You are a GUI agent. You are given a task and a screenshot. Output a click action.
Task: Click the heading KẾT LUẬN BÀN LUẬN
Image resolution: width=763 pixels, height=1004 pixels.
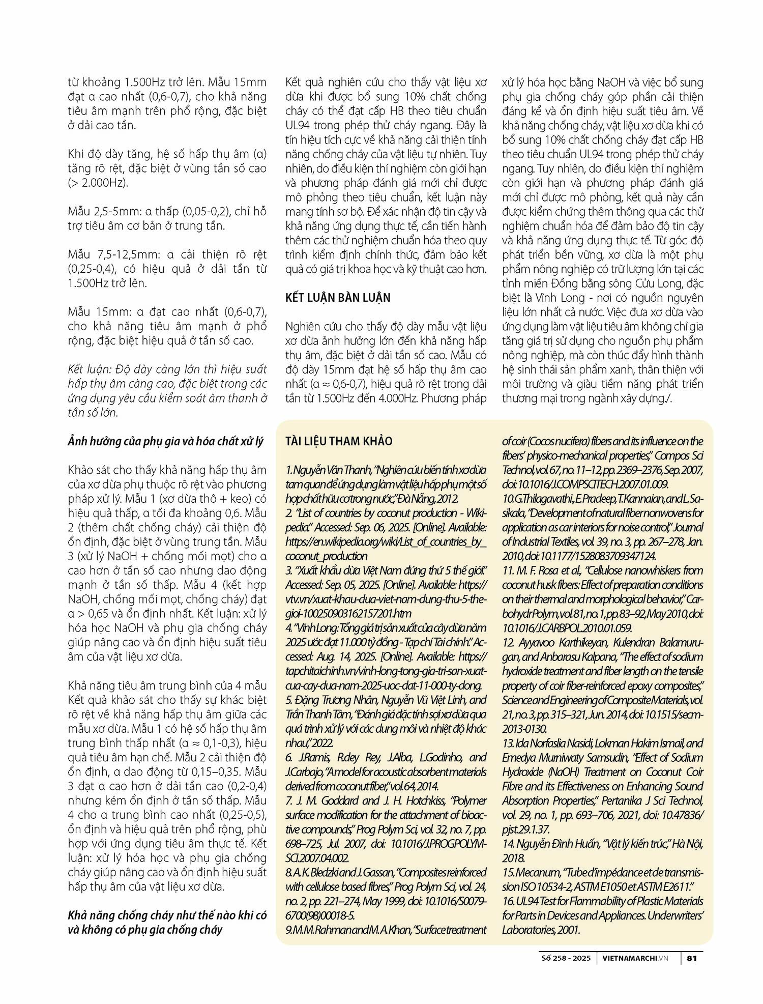[338, 298]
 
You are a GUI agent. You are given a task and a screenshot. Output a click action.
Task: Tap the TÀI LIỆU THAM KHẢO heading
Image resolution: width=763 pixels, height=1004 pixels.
[339, 441]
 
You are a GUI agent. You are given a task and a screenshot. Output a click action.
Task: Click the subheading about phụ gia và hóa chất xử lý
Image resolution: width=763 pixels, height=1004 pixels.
[166, 441]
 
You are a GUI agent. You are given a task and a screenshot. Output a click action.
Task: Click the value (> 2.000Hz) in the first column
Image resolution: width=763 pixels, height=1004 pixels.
[98, 183]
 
